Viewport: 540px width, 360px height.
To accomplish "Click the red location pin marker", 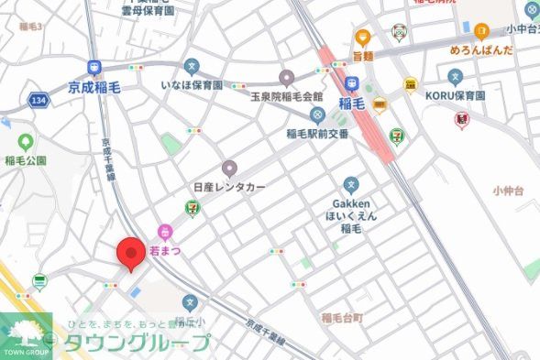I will [x=130, y=255].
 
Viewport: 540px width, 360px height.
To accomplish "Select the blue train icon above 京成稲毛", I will [x=94, y=68].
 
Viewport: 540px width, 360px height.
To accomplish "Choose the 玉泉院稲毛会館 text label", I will [x=286, y=96].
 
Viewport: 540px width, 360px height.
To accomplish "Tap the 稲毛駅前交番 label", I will [x=316, y=133].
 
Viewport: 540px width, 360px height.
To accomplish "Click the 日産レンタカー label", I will [x=228, y=187].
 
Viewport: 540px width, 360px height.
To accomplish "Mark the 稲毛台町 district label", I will [x=343, y=317].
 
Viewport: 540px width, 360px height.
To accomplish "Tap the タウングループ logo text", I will [x=138, y=344].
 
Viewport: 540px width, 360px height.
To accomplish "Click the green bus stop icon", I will [x=39, y=280].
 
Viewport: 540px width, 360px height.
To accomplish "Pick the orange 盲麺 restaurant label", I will [x=363, y=55].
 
